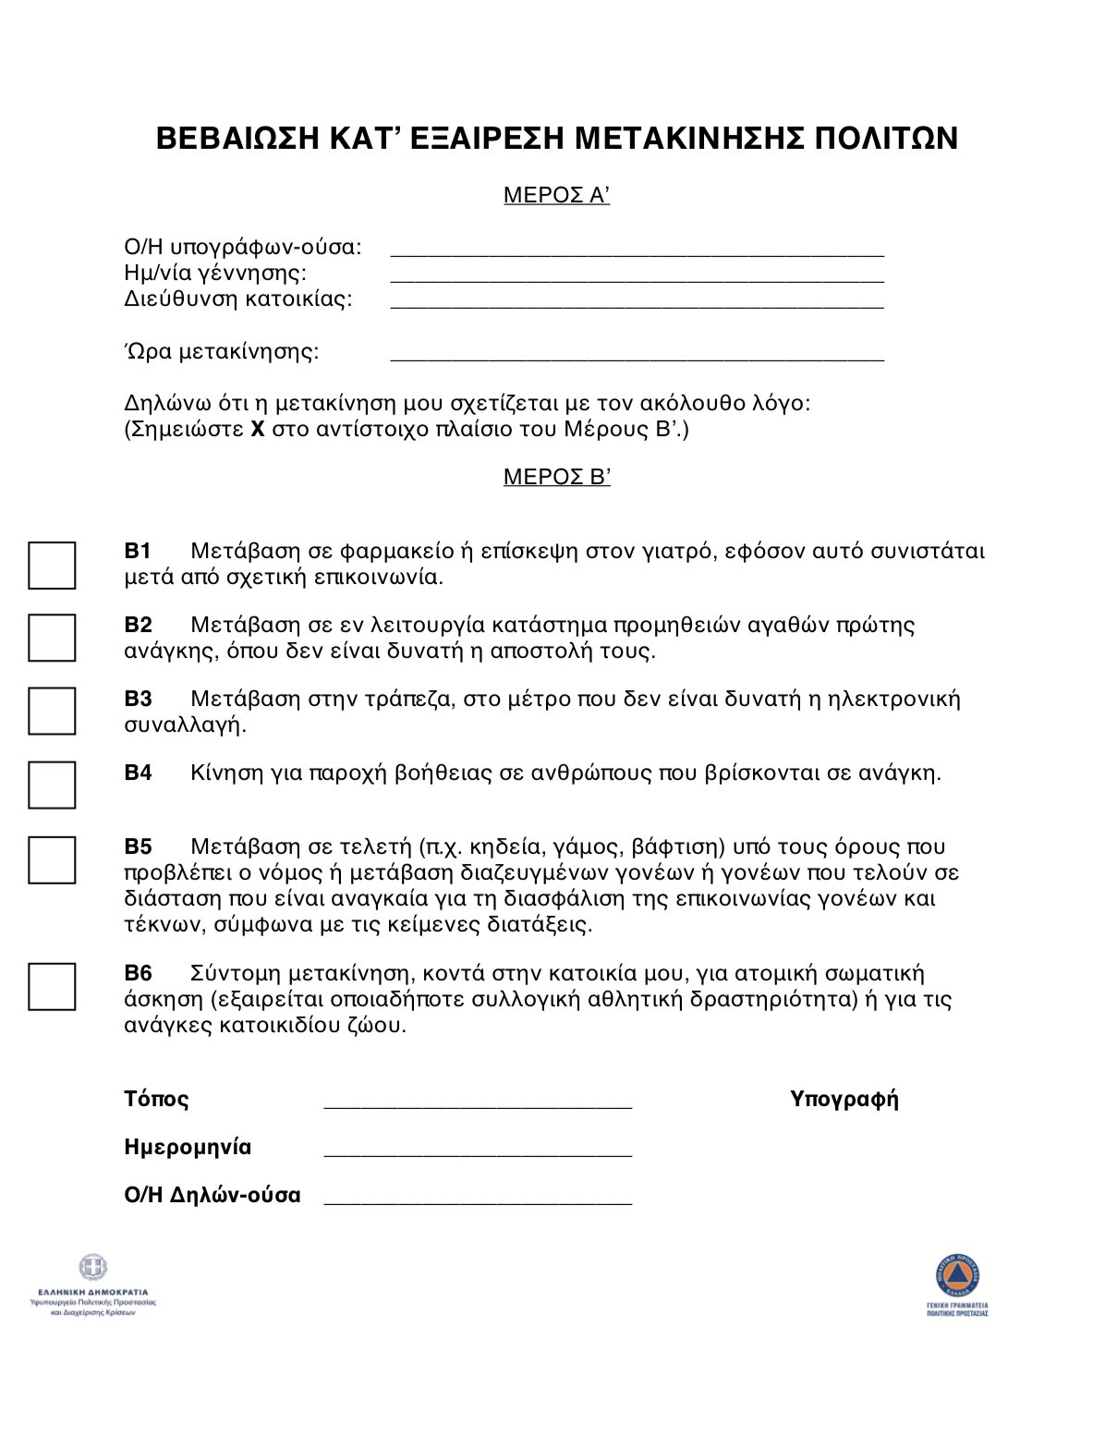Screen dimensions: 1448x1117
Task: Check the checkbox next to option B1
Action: click(x=52, y=566)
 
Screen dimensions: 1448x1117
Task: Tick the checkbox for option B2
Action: click(x=52, y=639)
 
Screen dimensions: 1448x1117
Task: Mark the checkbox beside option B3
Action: click(x=52, y=712)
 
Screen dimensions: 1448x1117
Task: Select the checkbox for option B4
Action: click(x=52, y=785)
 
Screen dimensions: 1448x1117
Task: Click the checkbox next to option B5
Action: click(x=52, y=860)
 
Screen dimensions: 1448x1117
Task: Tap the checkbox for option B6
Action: click(x=52, y=987)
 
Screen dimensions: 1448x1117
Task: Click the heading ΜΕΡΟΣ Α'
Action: click(x=556, y=195)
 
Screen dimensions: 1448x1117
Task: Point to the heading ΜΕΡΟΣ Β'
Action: click(x=556, y=477)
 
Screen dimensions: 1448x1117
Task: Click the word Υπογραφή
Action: click(x=844, y=1099)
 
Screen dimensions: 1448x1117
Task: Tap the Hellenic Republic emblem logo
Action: click(x=92, y=1268)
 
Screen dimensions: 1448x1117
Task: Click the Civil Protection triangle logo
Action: click(x=957, y=1276)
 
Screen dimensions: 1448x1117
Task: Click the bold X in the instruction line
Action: click(x=258, y=430)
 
